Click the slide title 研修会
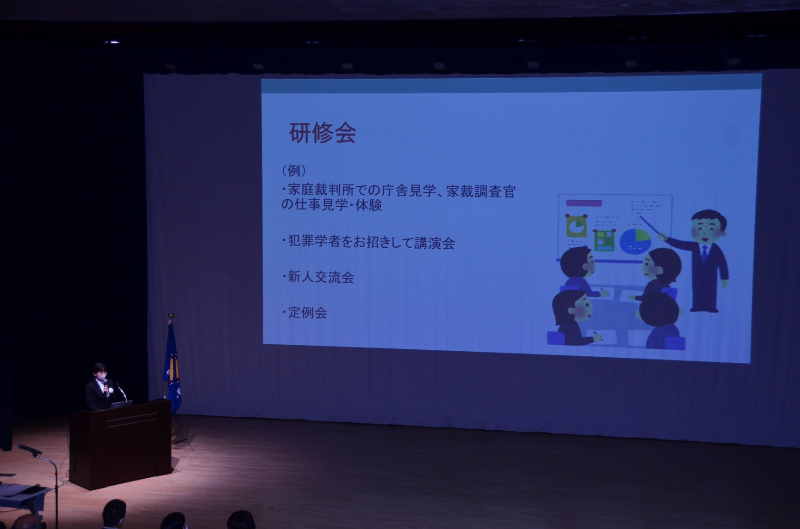coord(323,133)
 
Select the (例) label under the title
coord(294,171)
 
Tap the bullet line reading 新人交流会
coord(318,278)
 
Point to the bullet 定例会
coord(304,312)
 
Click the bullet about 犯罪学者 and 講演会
coord(368,243)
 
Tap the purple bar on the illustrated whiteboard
coord(583,203)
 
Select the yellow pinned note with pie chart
coord(576,226)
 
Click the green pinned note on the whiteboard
coord(605,240)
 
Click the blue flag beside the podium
coord(172,368)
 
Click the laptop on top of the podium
coord(122,403)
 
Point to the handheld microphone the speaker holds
coord(106,384)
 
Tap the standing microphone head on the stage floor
coord(29,449)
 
